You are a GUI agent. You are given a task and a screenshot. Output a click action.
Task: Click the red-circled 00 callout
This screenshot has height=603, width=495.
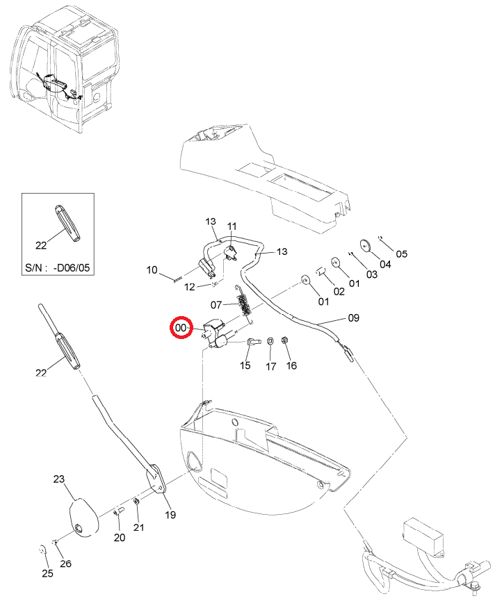[x=181, y=328]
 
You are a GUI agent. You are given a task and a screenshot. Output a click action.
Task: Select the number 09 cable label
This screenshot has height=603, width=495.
[x=353, y=317]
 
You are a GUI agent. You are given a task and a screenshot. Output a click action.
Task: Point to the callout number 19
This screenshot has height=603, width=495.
[x=170, y=515]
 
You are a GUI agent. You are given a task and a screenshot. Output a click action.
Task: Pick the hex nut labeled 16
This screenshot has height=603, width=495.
[x=285, y=340]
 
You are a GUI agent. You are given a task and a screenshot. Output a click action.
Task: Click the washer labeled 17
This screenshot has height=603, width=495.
[x=270, y=340]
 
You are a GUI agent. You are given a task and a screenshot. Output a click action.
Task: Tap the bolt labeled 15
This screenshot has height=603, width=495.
[x=253, y=340]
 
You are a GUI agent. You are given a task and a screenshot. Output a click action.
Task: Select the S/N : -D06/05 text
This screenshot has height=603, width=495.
[x=57, y=267]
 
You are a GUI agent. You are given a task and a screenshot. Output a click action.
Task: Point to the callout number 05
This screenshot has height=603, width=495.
[x=401, y=254]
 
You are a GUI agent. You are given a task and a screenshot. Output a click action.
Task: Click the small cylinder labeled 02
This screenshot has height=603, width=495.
[x=321, y=272]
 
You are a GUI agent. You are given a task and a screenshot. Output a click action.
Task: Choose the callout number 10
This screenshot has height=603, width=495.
[x=152, y=270]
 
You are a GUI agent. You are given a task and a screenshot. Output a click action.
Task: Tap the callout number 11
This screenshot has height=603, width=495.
[x=232, y=226]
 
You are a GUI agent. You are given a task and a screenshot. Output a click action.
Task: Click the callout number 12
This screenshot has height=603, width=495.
[x=189, y=287]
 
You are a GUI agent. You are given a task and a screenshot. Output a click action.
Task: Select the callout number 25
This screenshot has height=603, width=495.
[x=47, y=573]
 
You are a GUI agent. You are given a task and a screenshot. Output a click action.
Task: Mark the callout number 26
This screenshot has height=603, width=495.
[x=65, y=563]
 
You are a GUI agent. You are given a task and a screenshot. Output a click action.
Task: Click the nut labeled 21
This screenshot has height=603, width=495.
[x=136, y=502]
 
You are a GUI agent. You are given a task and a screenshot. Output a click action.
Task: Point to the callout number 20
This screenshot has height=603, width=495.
[x=120, y=538]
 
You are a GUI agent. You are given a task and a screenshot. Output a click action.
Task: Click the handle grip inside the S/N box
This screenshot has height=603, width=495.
[x=67, y=223]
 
